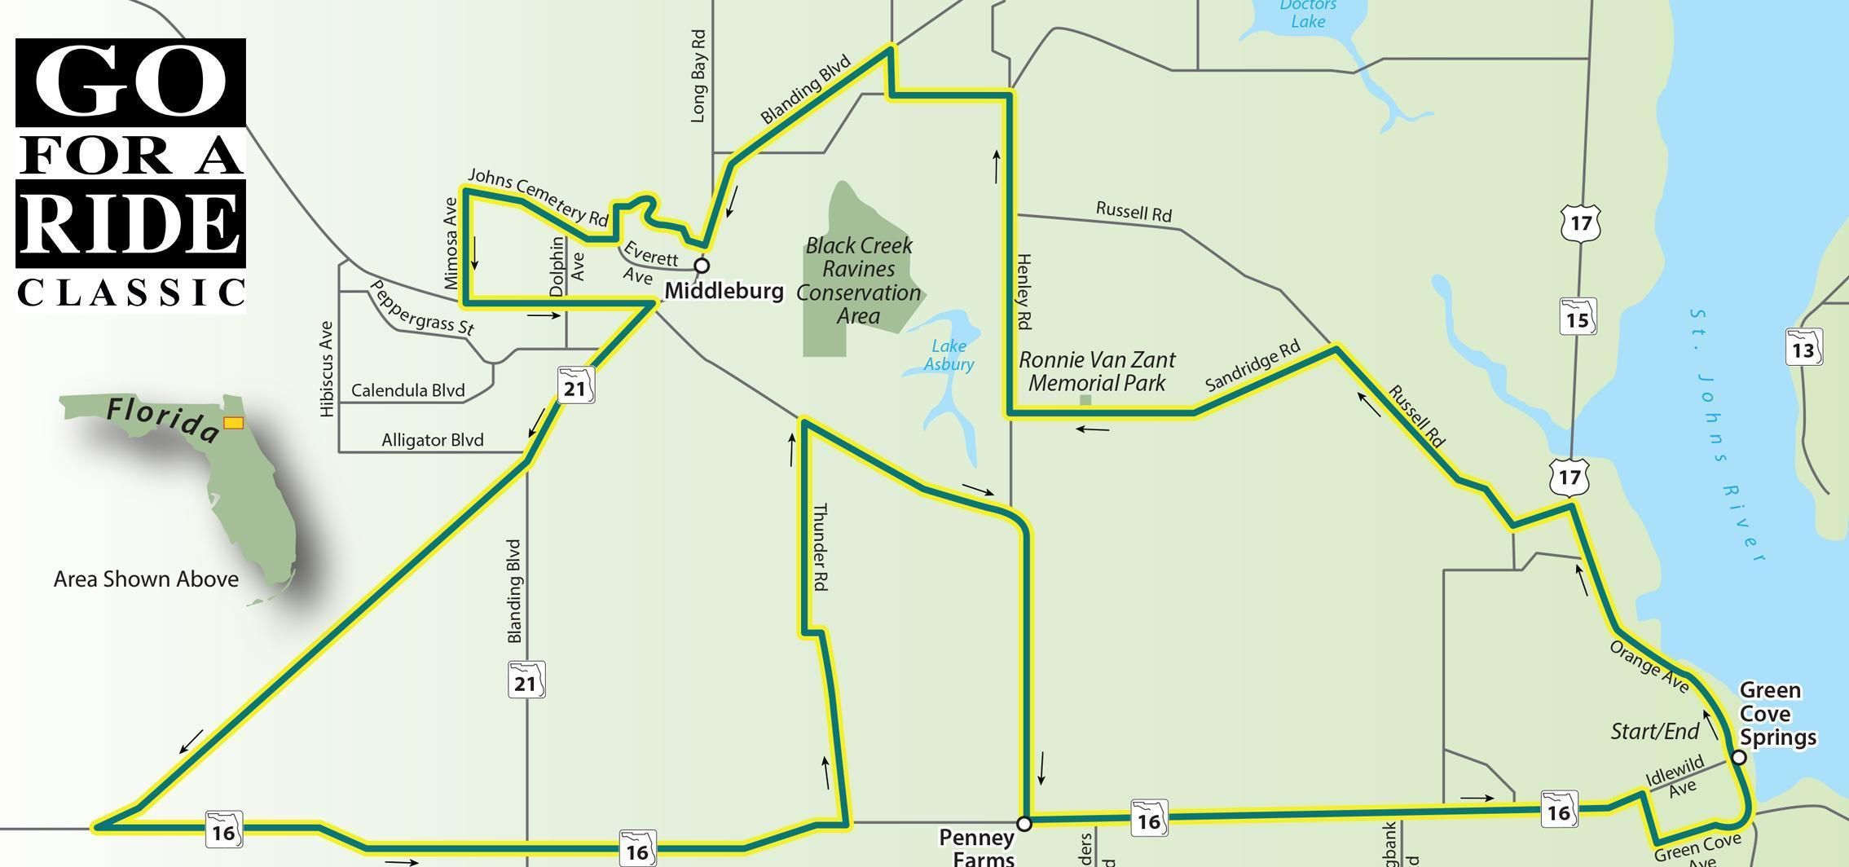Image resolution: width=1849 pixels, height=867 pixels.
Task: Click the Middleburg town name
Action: (x=724, y=291)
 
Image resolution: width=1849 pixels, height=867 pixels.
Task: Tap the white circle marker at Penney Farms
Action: (x=1024, y=823)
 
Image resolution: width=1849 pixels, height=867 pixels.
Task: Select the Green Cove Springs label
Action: (x=1777, y=715)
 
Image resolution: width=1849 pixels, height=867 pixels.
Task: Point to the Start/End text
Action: (x=1654, y=732)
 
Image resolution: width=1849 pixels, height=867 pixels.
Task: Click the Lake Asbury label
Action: (x=949, y=355)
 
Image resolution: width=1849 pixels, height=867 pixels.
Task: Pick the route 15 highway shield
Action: (x=1578, y=317)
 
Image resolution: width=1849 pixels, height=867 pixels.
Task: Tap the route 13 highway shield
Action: (x=1803, y=348)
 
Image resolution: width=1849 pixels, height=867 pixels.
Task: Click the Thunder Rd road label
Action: (x=820, y=546)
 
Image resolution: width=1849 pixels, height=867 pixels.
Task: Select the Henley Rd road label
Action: (x=1024, y=291)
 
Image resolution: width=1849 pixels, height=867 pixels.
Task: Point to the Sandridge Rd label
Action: (x=1252, y=366)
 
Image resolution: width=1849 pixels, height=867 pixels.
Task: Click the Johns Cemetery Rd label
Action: (x=538, y=196)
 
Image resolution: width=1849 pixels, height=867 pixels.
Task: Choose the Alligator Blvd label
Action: (x=433, y=441)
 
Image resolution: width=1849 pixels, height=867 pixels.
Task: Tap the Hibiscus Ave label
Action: (x=327, y=369)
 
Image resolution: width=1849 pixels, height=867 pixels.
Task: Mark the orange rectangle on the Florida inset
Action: (x=234, y=423)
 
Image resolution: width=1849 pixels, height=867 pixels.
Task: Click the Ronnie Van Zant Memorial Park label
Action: (x=1097, y=371)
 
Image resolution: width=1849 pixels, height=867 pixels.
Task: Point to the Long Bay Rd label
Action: (x=698, y=77)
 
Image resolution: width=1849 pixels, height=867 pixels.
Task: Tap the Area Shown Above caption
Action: (x=146, y=579)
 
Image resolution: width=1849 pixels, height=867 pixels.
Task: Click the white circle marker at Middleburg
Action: (x=701, y=266)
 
